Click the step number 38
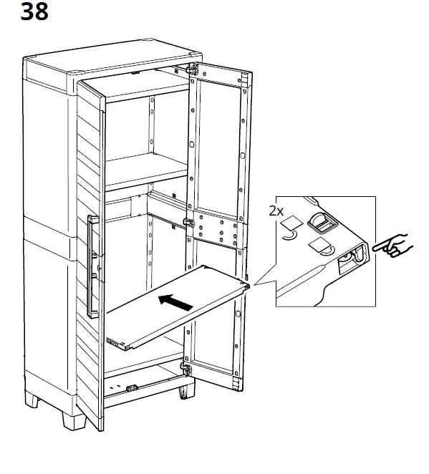(x=34, y=11)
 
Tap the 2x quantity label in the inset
(x=276, y=211)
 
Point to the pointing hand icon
(x=393, y=246)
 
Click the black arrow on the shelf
(x=175, y=303)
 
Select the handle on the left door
(x=92, y=266)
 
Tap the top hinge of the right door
(x=192, y=70)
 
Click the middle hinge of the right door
(x=189, y=223)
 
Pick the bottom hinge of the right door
(x=186, y=369)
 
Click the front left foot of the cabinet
(x=74, y=420)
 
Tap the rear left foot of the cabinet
(x=32, y=399)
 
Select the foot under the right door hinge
(x=186, y=392)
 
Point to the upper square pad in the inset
(x=291, y=222)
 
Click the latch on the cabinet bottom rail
(x=132, y=388)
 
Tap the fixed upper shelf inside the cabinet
(x=146, y=170)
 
